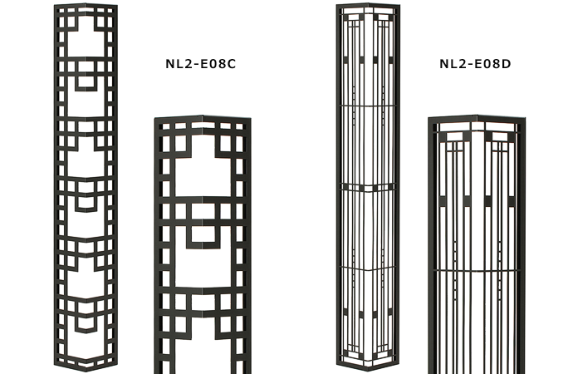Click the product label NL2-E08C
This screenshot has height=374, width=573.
tap(201, 64)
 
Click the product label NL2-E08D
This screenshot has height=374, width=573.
tap(475, 64)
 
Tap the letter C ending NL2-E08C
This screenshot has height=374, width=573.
tap(232, 64)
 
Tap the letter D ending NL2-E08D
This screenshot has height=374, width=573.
tap(506, 64)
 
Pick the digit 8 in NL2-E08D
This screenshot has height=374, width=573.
tap(497, 64)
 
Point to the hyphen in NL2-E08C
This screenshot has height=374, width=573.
tap(195, 65)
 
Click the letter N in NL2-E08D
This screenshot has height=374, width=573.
tap(444, 64)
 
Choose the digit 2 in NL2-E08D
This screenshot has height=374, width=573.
tap(461, 64)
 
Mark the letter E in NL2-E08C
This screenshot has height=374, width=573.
tap(203, 64)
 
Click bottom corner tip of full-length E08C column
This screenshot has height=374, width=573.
tap(86, 371)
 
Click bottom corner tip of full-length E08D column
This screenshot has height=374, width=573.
tap(368, 370)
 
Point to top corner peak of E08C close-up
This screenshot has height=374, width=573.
tap(202, 116)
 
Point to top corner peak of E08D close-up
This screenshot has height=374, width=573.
tap(477, 116)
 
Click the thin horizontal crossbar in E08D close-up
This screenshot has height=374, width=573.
tap(477, 271)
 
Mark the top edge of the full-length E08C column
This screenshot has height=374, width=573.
tap(86, 5)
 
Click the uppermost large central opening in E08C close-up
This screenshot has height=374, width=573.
tap(203, 172)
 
